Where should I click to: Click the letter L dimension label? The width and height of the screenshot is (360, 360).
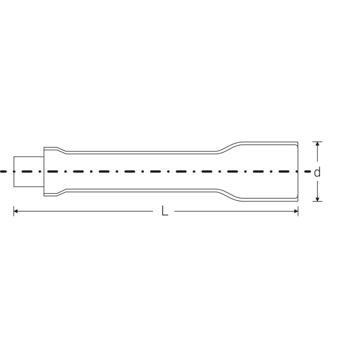pyautogui.click(x=164, y=211)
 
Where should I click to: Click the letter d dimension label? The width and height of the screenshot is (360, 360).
pyautogui.click(x=317, y=172)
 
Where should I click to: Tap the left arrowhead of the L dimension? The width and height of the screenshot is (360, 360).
pyautogui.click(x=16, y=211)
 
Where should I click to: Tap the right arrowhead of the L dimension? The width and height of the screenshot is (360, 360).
pyautogui.click(x=295, y=211)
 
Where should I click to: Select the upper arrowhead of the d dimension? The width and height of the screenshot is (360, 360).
pyautogui.click(x=317, y=144)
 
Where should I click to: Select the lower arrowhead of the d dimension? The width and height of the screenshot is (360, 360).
pyautogui.click(x=317, y=199)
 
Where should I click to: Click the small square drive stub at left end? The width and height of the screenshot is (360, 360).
pyautogui.click(x=28, y=171)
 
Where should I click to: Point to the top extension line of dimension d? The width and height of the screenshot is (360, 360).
pyautogui.click(x=317, y=142)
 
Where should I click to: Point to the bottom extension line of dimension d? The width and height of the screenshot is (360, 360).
pyautogui.click(x=317, y=201)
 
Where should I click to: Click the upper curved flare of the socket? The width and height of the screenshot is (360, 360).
pyautogui.click(x=229, y=147)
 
